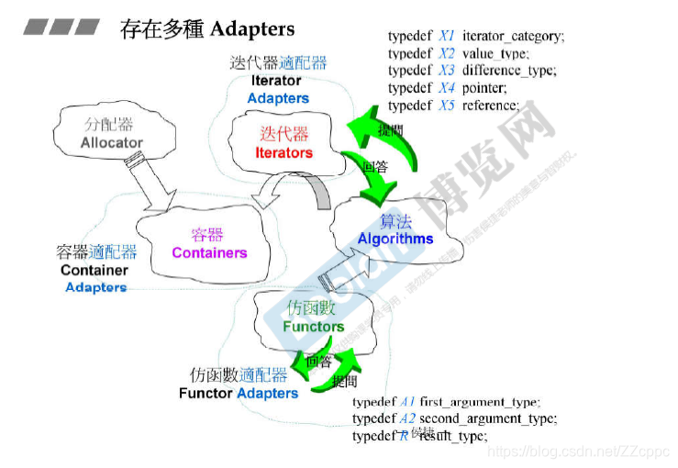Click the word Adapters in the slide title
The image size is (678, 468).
[252, 29]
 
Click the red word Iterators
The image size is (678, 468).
[283, 152]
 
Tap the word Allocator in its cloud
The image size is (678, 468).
[112, 142]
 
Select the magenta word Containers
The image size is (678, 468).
[209, 252]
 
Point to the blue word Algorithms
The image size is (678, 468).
[395, 239]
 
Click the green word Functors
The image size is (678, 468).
[313, 326]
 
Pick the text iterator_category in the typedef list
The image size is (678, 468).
[514, 36]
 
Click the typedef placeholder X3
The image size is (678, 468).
[447, 71]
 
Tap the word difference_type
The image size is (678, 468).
[510, 71]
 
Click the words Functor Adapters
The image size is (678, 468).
[239, 393]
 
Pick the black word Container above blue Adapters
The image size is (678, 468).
[94, 270]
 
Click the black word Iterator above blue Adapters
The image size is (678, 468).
[276, 81]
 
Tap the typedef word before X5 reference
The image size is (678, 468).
[410, 106]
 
